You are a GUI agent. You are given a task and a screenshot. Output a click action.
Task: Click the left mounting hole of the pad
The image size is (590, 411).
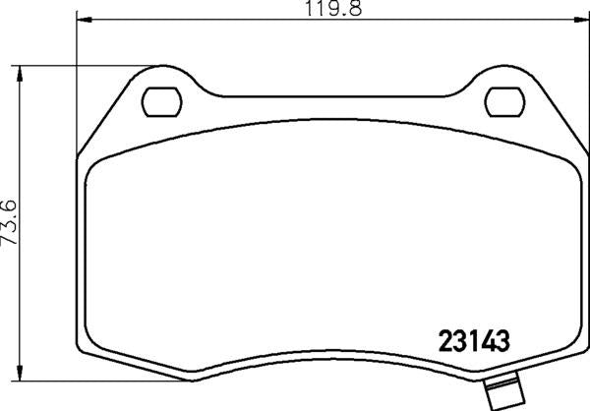(159, 101)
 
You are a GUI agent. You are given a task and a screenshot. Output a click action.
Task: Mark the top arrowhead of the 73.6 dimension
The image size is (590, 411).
(21, 72)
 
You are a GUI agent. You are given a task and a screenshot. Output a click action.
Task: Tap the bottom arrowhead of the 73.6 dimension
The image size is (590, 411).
(21, 377)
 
